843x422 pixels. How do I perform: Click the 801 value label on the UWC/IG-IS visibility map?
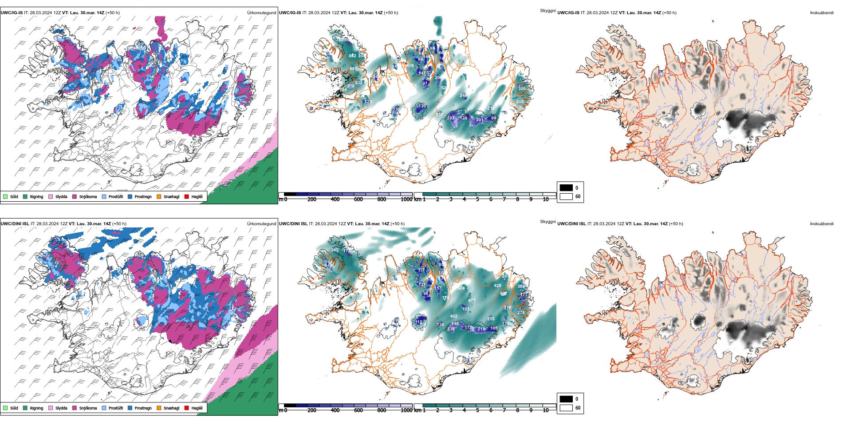click(x=353, y=69)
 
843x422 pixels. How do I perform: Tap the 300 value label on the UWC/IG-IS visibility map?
click(x=522, y=89)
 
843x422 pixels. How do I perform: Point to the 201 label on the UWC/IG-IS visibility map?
click(x=480, y=120)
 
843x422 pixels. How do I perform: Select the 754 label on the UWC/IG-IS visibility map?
click(x=343, y=90)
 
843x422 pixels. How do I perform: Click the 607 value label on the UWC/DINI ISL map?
click(x=472, y=301)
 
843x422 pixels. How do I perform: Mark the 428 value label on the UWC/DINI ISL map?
click(x=497, y=286)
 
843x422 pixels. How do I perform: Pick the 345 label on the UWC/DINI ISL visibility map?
click(x=335, y=250)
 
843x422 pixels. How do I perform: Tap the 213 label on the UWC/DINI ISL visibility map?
click(x=481, y=330)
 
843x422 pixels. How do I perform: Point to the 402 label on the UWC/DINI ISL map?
click(x=453, y=316)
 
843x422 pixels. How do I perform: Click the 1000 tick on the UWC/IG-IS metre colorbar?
click(x=406, y=199)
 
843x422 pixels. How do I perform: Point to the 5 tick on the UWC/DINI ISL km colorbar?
click(x=478, y=410)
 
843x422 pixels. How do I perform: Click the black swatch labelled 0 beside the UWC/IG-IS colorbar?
click(x=566, y=188)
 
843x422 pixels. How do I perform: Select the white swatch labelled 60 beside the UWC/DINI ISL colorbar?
click(x=566, y=408)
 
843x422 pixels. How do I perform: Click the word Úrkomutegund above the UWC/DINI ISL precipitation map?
click(x=261, y=224)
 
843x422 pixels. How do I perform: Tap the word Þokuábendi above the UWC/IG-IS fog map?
click(x=822, y=13)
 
